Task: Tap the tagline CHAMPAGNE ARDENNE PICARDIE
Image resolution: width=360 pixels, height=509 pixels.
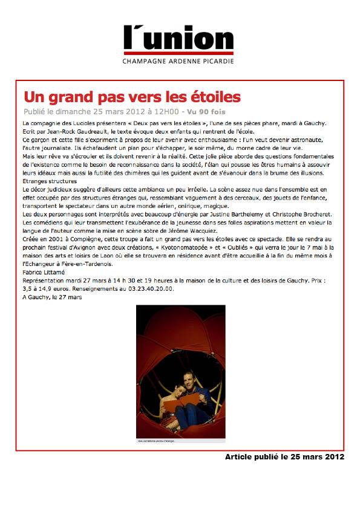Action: pos(178,61)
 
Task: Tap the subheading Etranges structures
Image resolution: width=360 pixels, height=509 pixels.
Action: pos(49,181)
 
